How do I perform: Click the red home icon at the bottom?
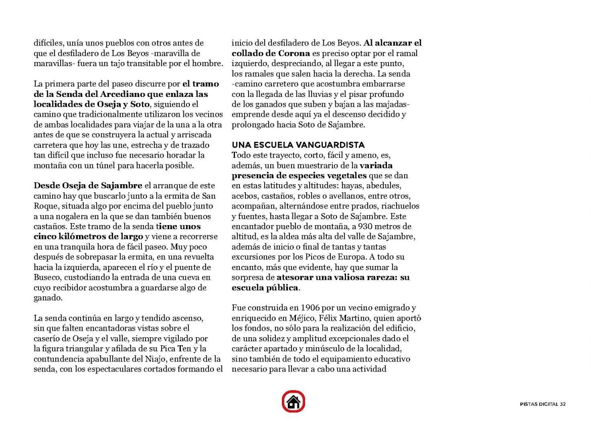pos(293,402)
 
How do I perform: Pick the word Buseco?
pos(47,277)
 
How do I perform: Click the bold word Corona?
pos(294,53)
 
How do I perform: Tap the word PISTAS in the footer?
pos(531,404)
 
